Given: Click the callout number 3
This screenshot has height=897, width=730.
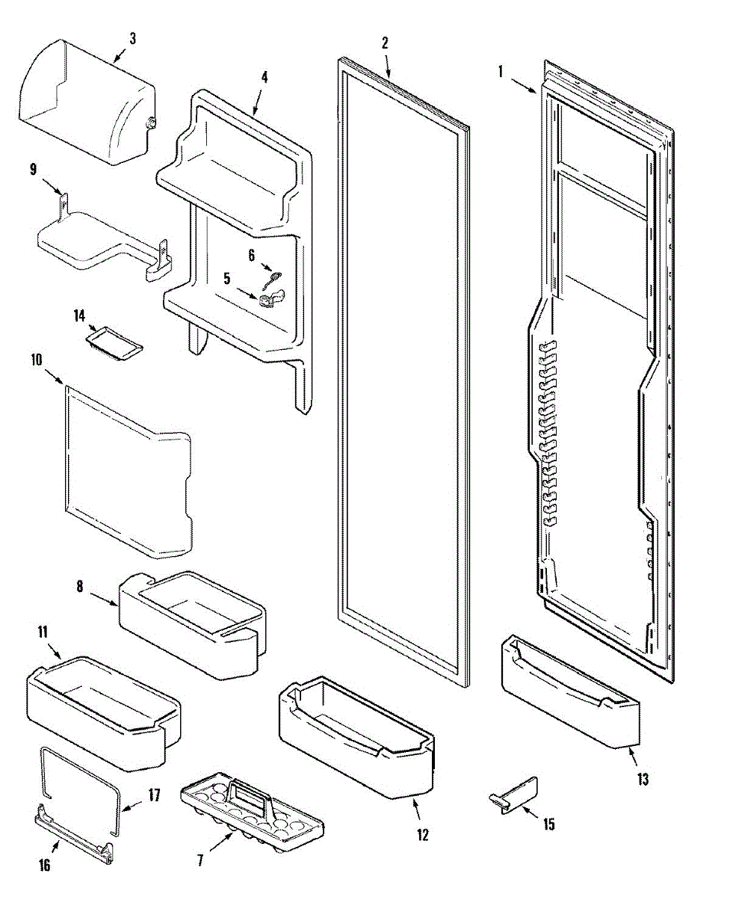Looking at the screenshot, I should tap(132, 38).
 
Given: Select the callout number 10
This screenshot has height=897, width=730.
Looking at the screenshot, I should tap(35, 360).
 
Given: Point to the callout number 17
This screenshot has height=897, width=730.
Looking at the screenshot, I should tap(153, 795).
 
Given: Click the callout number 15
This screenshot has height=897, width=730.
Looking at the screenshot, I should tap(548, 824).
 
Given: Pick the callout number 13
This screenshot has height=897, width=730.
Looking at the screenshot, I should tap(643, 780).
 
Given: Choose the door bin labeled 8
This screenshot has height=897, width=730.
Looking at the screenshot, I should tap(191, 620).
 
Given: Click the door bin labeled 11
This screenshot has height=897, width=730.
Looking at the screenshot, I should tap(101, 710).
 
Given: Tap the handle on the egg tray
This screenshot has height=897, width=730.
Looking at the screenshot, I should tap(250, 792).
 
